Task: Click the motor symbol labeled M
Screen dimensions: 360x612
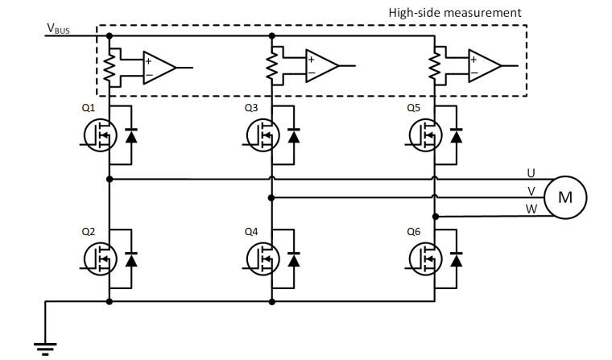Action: (565, 196)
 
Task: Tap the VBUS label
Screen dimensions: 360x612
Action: (60, 30)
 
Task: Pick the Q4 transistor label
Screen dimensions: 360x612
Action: (252, 232)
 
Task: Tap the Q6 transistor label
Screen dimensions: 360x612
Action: (415, 232)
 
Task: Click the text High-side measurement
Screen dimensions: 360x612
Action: (455, 13)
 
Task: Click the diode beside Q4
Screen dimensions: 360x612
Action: (293, 260)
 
